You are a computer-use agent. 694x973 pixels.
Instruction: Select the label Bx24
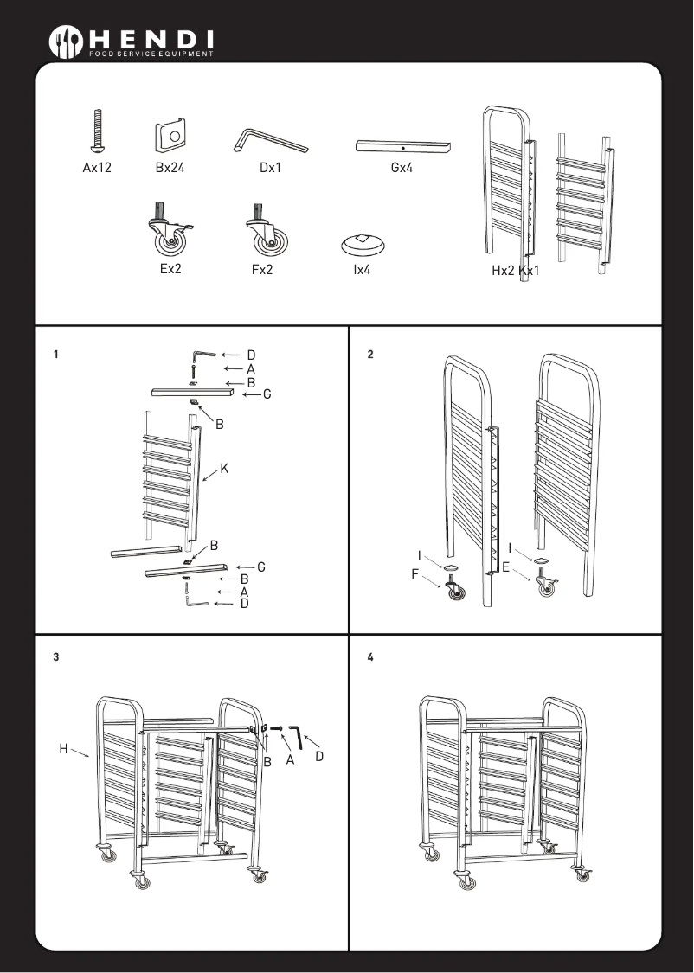tap(170, 169)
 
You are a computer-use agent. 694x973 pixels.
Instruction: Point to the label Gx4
tap(402, 169)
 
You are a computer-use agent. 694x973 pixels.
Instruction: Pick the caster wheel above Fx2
tap(267, 232)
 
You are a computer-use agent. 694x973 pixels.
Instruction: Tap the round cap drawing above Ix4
tap(365, 243)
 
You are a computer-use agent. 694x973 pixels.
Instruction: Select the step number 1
tap(55, 355)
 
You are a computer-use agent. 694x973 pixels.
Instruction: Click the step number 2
tap(370, 355)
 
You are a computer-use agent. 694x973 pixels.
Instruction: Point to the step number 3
tap(55, 657)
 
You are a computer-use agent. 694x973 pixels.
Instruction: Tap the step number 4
tap(370, 657)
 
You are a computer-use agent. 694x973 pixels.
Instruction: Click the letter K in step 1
tap(224, 468)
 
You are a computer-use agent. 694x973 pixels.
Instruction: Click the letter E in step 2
tap(506, 568)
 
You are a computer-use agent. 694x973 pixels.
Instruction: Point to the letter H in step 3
tap(63, 748)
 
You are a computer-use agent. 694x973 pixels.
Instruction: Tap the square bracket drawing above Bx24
tap(171, 135)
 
